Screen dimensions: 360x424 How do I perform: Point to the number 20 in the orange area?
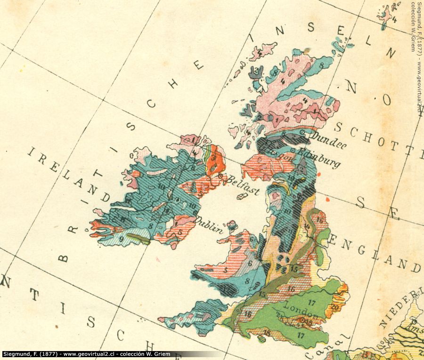coord(335,306)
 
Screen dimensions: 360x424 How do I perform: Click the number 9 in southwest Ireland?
coord(121,239)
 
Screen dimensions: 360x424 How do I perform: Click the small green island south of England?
coord(261,338)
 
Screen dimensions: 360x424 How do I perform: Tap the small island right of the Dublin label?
coord(231,225)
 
